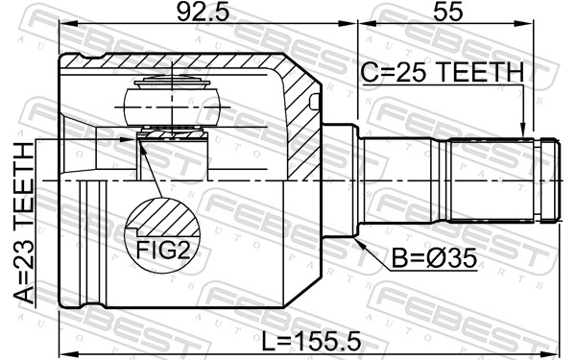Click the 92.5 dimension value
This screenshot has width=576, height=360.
[203, 12]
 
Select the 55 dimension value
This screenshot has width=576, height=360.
[447, 12]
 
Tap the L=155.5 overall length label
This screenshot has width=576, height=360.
[311, 341]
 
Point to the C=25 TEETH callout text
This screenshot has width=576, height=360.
[442, 72]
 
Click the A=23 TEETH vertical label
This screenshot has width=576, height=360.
[23, 223]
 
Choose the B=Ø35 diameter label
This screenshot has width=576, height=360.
[434, 258]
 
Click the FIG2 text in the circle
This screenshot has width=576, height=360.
[163, 251]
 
